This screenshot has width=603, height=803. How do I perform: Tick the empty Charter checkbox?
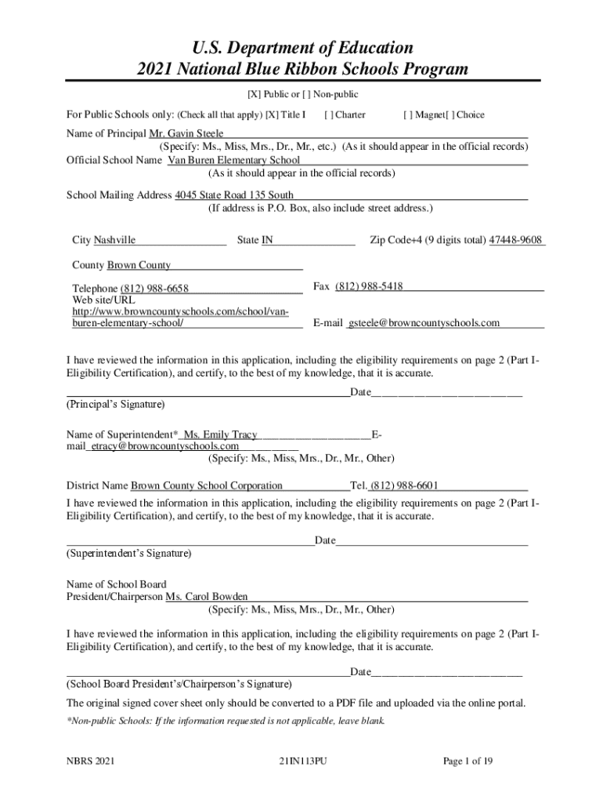(327, 114)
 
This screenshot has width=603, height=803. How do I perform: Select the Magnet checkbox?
(407, 114)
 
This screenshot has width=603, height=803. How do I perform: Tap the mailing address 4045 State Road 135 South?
(234, 194)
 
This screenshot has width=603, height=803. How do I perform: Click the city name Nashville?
(114, 239)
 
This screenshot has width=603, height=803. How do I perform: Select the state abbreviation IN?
(267, 239)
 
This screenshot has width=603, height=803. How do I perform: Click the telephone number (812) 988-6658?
(154, 289)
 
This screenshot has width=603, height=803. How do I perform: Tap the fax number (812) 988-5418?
(369, 286)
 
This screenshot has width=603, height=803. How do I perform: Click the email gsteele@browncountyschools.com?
(424, 322)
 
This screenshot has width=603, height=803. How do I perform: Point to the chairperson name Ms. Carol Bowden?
(207, 597)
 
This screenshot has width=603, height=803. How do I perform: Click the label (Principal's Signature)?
(115, 405)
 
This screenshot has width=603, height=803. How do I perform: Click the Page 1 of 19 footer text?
(468, 761)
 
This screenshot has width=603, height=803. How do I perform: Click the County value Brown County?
(139, 265)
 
